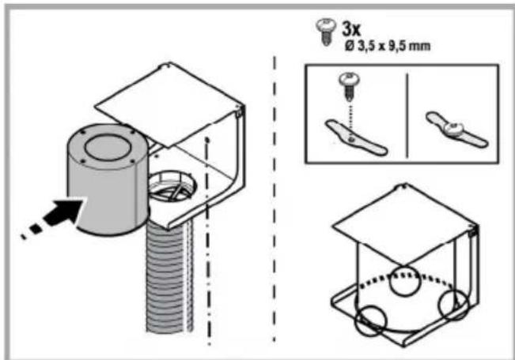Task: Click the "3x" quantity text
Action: pyautogui.click(x=351, y=29)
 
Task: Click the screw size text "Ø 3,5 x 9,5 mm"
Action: pyautogui.click(x=387, y=47)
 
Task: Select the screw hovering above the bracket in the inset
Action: pyautogui.click(x=349, y=86)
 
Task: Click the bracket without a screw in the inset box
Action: pyautogui.click(x=356, y=137)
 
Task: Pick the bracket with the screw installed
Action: pyautogui.click(x=457, y=129)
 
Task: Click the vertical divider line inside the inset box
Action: pyautogui.click(x=407, y=116)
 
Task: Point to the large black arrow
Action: pyautogui.click(x=52, y=218)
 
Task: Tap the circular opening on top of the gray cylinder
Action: pyautogui.click(x=107, y=148)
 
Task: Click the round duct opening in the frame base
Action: pyautogui.click(x=173, y=186)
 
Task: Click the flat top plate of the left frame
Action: pyautogui.click(x=169, y=103)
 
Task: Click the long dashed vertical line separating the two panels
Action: pyautogui.click(x=275, y=199)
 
